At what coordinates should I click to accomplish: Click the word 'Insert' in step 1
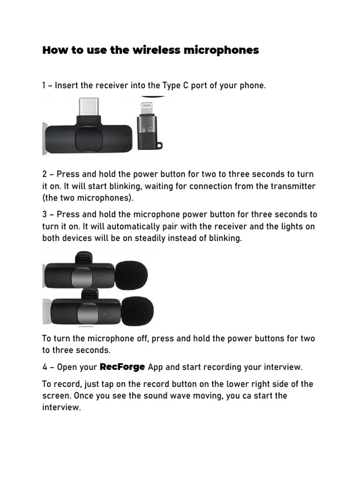[69, 86]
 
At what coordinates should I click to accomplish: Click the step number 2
[45, 174]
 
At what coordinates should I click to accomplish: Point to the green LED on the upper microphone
[98, 278]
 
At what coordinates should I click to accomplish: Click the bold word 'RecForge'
[123, 367]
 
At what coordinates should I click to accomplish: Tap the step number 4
[45, 367]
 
